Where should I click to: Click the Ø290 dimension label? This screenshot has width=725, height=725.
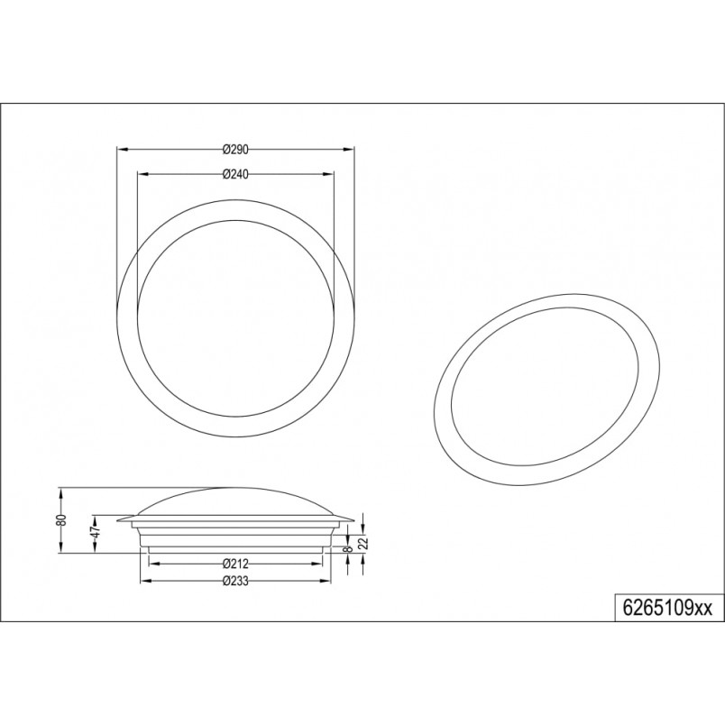click(236, 150)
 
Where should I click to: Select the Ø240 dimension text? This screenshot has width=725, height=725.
click(236, 174)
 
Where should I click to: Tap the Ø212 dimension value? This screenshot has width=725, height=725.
click(236, 564)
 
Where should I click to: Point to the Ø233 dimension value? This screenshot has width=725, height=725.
click(236, 581)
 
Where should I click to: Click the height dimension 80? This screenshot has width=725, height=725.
click(63, 519)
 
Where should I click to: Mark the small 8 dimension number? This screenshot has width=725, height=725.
click(349, 549)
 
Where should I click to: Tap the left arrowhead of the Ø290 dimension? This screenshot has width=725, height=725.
click(122, 150)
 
